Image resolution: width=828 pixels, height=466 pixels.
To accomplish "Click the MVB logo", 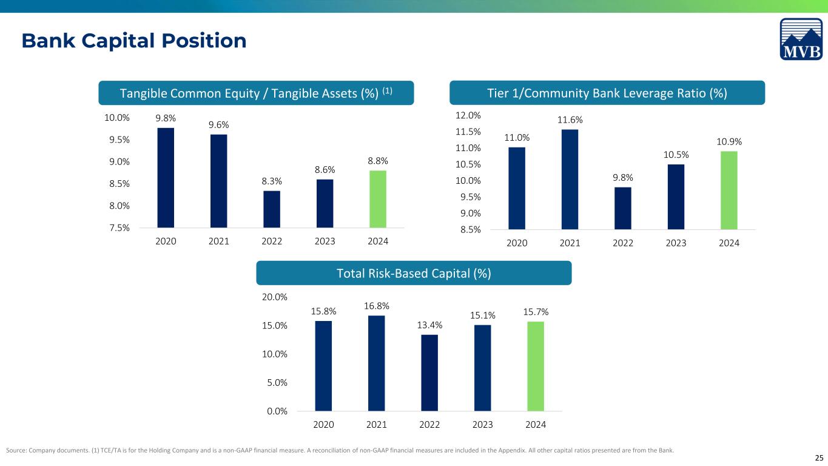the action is (801, 39).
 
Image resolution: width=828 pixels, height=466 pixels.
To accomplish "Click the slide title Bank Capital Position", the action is (134, 40).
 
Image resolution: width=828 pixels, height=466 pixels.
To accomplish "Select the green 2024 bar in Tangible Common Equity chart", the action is (378, 199).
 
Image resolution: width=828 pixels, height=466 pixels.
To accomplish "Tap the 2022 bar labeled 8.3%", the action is (272, 209).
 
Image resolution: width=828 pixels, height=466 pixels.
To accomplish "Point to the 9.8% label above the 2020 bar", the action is (166, 118).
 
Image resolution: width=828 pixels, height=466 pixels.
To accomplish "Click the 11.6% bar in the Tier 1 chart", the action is (570, 180).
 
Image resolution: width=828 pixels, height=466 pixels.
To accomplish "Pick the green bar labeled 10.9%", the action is (729, 190).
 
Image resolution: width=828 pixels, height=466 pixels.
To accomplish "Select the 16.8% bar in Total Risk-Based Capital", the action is (376, 363).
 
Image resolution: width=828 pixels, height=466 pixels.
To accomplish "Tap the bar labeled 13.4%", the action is (429, 373).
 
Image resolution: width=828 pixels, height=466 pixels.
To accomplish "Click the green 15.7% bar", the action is (536, 366).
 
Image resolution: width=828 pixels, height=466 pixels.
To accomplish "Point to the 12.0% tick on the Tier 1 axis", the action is (468, 115).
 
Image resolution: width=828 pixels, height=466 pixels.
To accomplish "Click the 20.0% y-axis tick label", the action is (275, 297).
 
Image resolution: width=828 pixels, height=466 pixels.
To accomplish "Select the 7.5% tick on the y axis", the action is (119, 228).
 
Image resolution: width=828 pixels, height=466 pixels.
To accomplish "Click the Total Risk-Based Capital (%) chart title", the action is (414, 273).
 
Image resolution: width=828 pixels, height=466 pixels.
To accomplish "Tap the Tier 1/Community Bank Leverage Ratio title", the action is (607, 93).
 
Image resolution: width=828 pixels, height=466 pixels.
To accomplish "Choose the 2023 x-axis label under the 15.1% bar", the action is (482, 424).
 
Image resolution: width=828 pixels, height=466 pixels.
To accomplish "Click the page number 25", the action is (819, 458).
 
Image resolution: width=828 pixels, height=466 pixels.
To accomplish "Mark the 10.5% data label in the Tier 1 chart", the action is (676, 155).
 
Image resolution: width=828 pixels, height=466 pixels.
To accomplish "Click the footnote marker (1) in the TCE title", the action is (387, 90).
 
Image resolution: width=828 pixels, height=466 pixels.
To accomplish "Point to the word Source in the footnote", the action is (16, 450).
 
